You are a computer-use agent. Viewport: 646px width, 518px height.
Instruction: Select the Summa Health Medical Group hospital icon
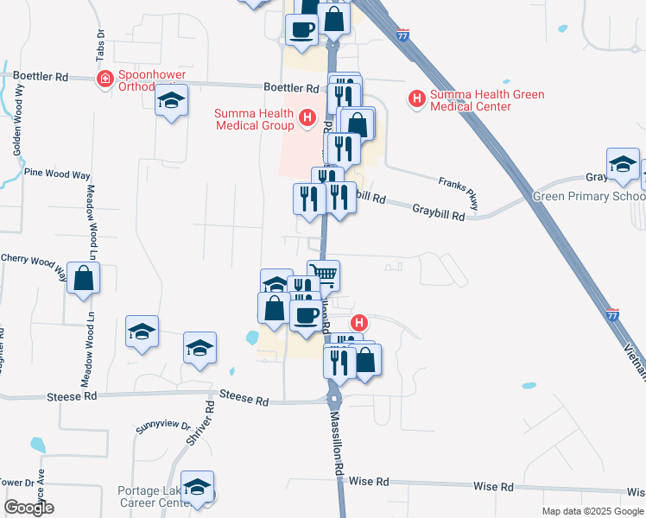point(306,118)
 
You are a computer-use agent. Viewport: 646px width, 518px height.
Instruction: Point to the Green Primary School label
point(587,196)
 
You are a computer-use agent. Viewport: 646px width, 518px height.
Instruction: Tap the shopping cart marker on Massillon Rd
point(323,275)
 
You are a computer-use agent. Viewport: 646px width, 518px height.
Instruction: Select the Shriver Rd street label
point(200,422)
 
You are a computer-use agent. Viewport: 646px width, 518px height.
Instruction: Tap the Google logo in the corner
point(28,508)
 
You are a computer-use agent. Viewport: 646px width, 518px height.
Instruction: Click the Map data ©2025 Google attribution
point(592,511)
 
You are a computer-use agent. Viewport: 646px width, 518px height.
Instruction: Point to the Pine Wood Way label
point(57,173)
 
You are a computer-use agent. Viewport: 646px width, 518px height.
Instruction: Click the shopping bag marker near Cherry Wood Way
point(84,279)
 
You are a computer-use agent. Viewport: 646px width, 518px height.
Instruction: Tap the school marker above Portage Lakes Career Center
point(197,487)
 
